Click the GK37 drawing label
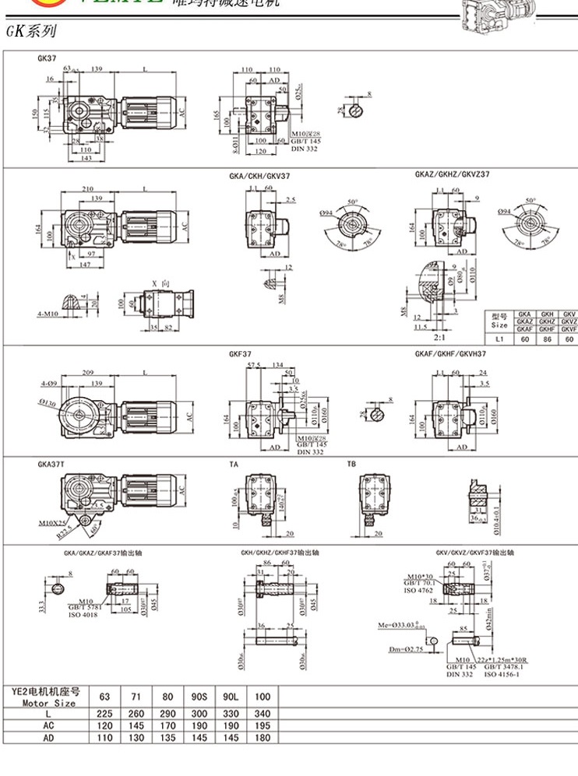pyautogui.click(x=45, y=58)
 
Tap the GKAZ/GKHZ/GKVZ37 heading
pyautogui.click(x=452, y=176)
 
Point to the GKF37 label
pyautogui.click(x=238, y=353)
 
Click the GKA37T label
pyautogui.click(x=51, y=464)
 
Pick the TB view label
pyautogui.click(x=351, y=464)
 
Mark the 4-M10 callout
pyautogui.click(x=48, y=314)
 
